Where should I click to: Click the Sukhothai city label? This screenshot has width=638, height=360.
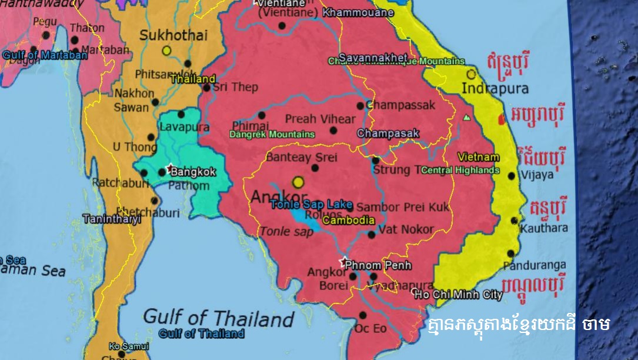(x=173, y=35)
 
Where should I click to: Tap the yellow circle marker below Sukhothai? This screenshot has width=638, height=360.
(x=166, y=51)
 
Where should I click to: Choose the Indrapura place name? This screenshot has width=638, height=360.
(x=496, y=89)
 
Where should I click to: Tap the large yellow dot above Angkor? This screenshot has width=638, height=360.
(x=299, y=182)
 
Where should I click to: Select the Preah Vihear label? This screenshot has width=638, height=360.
(x=320, y=119)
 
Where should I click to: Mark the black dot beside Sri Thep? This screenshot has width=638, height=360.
(x=206, y=88)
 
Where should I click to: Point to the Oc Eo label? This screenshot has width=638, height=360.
(x=370, y=328)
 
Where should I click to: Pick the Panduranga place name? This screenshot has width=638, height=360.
(x=535, y=265)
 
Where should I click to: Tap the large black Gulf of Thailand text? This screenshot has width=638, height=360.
(x=218, y=318)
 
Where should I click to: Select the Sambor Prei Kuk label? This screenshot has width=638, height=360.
(x=403, y=207)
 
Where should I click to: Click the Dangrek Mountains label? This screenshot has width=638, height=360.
(x=272, y=135)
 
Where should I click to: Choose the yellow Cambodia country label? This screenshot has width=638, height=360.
(x=349, y=221)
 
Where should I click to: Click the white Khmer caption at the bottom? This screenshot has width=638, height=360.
(x=518, y=324)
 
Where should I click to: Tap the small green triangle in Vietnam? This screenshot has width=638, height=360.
(x=466, y=118)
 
